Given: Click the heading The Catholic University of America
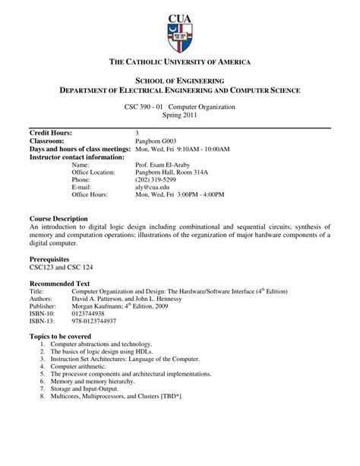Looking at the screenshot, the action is tap(180, 61).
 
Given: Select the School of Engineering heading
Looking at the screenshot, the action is tap(180, 80).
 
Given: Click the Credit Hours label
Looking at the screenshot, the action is tap(51, 133).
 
